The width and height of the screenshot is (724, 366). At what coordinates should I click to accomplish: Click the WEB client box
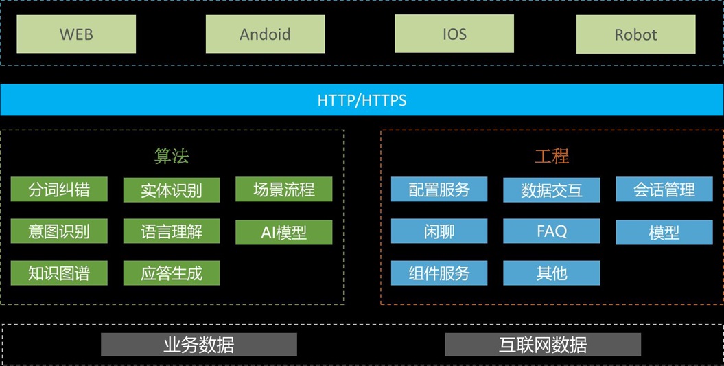coord(76,34)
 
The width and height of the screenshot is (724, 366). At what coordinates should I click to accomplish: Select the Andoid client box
coord(265,34)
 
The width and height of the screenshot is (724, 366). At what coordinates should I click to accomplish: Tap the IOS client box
coord(454,34)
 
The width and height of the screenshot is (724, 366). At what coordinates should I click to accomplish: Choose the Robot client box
coord(635,35)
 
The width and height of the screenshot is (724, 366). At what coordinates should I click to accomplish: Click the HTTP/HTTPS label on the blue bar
coord(362,100)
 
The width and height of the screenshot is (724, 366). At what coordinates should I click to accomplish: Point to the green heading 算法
coord(172,156)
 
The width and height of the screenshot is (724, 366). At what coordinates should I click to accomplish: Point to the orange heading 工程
coord(552,156)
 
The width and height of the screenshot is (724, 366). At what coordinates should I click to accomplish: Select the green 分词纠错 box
coord(59,190)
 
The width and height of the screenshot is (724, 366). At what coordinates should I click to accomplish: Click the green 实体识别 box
coord(172,190)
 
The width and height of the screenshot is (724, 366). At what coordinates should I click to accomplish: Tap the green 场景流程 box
coord(283,190)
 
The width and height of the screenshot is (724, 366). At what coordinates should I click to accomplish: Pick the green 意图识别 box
coord(59,231)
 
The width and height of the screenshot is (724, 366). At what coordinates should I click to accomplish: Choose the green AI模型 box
coord(283,232)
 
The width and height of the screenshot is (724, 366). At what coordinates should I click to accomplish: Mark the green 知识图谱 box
coord(59,273)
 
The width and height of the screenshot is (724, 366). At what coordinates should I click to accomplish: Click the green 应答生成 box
coord(172,273)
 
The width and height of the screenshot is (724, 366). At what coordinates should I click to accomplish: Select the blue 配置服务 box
coord(439,190)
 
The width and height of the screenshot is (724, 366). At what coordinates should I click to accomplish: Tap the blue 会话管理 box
coord(664,190)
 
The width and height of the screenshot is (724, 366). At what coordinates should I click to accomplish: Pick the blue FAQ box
coord(552,231)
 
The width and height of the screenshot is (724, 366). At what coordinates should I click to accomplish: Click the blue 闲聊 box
coord(439,231)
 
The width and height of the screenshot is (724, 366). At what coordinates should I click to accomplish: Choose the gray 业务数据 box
coord(199,344)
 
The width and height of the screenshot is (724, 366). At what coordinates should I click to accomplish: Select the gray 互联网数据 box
coord(543,344)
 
